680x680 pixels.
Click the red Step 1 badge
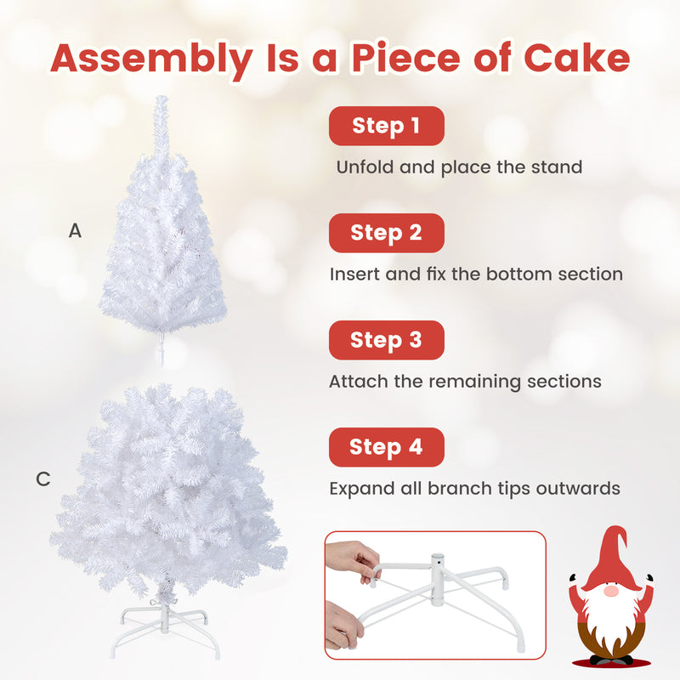[387, 126]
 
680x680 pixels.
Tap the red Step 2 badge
[387, 233]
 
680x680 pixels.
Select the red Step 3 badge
[387, 340]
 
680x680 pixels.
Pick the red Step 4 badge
[387, 447]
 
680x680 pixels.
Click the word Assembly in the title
[150, 58]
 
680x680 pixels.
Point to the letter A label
[76, 230]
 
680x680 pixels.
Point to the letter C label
[43, 479]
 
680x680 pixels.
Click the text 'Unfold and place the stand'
[459, 167]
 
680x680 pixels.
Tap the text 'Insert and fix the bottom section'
[476, 275]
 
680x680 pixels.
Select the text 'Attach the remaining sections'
[465, 382]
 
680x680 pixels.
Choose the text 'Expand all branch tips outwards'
[474, 489]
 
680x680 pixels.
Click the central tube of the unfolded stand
[437, 567]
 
